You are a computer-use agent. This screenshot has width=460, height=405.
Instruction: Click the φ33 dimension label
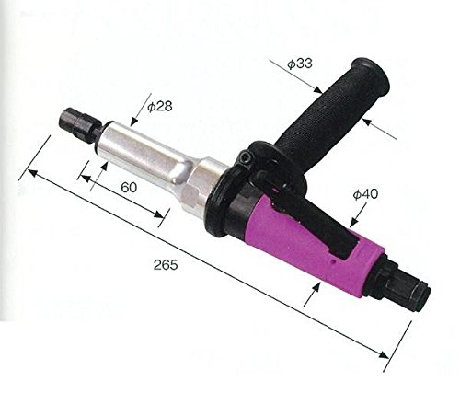pyautogui.click(x=300, y=64)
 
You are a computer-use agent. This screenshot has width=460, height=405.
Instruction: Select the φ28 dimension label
pyautogui.click(x=160, y=106)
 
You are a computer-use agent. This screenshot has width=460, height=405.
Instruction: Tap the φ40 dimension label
pyautogui.click(x=365, y=194)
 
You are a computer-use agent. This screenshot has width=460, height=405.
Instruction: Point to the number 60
pyautogui.click(x=129, y=187)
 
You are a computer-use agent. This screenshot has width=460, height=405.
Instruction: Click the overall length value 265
pyautogui.click(x=166, y=265)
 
